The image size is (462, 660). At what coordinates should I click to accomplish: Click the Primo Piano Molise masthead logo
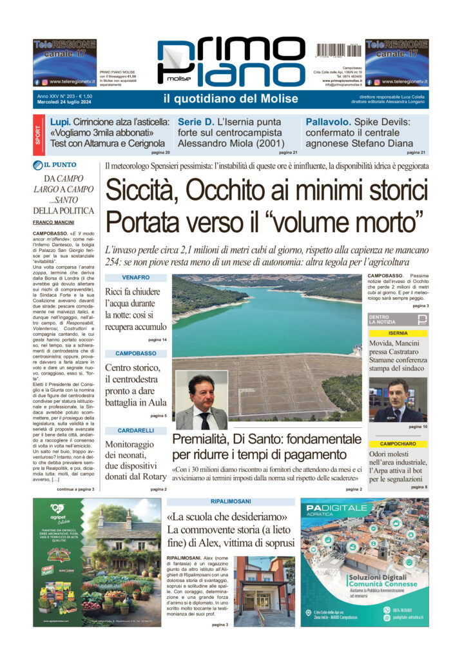coord(230,63)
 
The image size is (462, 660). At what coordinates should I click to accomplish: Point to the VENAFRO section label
coord(135,277)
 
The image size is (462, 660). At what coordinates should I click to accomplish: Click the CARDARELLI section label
coord(135,430)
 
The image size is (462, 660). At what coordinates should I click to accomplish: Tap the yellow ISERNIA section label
coord(398,333)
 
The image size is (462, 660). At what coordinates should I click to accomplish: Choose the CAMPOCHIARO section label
coord(398,444)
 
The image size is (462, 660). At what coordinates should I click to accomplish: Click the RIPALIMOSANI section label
coord(230,501)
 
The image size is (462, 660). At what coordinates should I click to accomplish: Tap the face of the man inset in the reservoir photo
coord(201,393)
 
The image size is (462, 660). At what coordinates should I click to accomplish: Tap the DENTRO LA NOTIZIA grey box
coord(398,320)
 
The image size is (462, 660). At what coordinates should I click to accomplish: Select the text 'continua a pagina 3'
coord(75,489)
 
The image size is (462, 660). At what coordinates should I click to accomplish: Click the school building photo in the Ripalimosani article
coord(264,591)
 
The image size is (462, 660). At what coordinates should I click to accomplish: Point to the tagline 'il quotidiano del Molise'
coord(230,99)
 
